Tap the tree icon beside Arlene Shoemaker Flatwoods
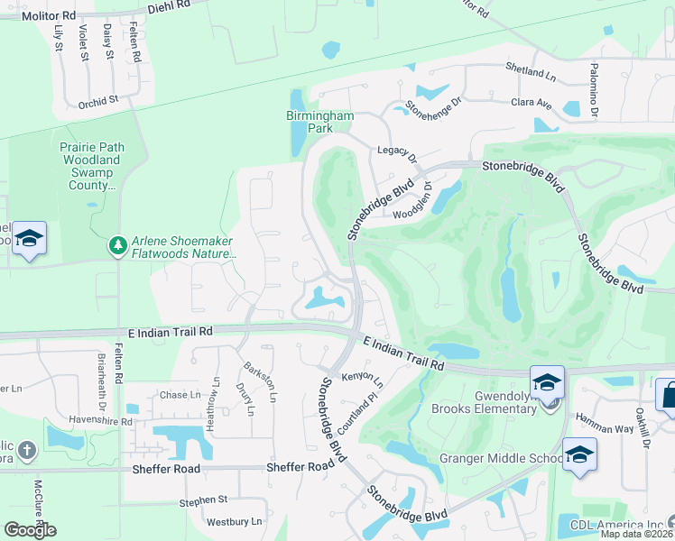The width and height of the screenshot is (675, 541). tap(117, 245)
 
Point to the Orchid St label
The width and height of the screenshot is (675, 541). tap(98, 102)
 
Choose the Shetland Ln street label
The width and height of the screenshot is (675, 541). tap(531, 71)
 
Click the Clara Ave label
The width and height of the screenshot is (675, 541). tap(532, 104)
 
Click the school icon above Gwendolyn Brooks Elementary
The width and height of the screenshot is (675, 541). tap(547, 382)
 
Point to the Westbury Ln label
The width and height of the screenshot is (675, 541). tap(234, 521)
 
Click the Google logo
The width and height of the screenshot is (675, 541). tap(30, 529)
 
